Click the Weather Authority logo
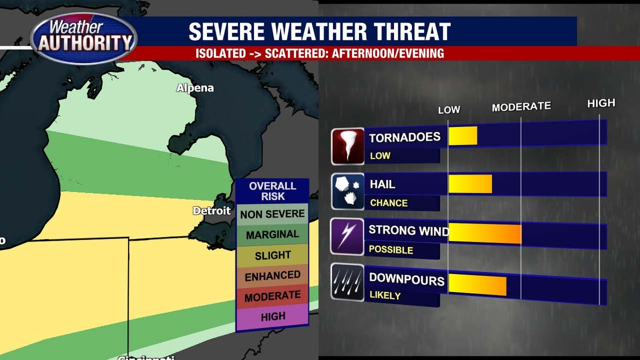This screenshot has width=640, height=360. click(84, 38)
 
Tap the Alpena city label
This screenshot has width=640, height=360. click(195, 88)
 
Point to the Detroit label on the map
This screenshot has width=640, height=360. click(212, 211)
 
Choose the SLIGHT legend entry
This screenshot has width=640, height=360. click(272, 255)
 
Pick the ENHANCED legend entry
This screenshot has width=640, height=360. click(272, 276)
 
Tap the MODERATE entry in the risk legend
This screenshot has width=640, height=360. click(272, 296)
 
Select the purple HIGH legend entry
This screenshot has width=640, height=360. click(272, 317)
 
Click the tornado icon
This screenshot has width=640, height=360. click(348, 146)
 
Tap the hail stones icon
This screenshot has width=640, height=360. click(348, 191)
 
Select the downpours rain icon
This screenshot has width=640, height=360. click(348, 282)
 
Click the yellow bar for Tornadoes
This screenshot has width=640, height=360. click(463, 136)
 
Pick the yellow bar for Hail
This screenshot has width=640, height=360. click(470, 184)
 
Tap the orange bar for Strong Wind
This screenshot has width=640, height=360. click(485, 233)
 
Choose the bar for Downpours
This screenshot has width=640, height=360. click(477, 285)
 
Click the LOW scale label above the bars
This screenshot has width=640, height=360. click(449, 110)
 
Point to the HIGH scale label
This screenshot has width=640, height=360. click(601, 103)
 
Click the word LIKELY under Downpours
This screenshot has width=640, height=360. click(385, 296)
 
